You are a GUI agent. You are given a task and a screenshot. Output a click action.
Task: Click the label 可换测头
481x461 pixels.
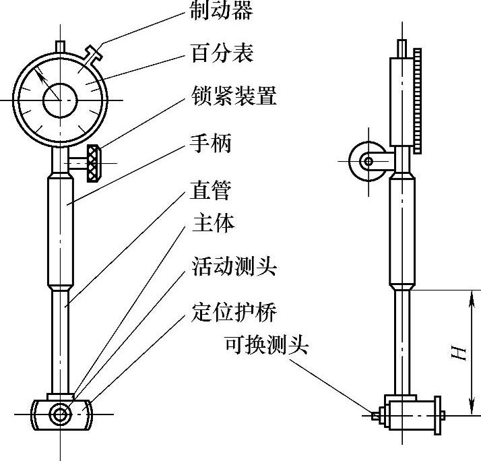pyautogui.click(x=266, y=346)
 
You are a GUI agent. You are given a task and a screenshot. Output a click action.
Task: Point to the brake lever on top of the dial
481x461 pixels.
pyautogui.click(x=95, y=51)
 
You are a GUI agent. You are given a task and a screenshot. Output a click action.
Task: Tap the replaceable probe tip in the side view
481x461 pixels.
pyautogui.click(x=374, y=416)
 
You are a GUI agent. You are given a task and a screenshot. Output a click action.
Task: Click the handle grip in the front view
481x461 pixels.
pyautogui.click(x=61, y=229)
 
